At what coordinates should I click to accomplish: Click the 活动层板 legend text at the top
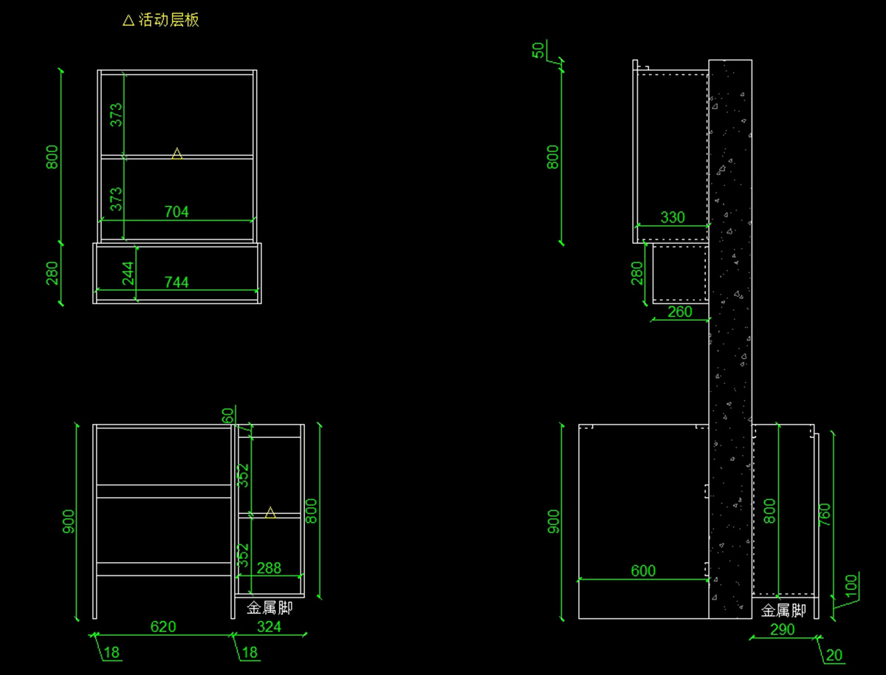point(169,20)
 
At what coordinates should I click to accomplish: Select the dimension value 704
point(176,212)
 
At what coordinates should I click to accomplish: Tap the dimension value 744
point(176,281)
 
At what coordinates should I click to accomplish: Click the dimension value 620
point(163,627)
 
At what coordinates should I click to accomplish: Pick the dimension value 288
point(269,568)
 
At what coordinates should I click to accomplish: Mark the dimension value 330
point(673,218)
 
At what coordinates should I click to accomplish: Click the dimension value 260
point(679,312)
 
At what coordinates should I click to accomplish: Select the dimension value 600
point(643,571)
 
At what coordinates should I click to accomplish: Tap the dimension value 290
point(783,629)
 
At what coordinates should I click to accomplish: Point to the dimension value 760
point(825,515)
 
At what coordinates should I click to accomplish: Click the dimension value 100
point(852,586)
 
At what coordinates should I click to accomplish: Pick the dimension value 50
point(539,50)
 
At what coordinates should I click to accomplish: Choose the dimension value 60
point(227,416)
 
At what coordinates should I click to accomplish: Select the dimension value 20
point(834,655)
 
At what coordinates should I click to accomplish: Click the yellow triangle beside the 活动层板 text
point(128,21)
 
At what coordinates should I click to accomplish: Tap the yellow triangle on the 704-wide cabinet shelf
point(177,154)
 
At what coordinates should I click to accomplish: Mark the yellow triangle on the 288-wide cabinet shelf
point(270,512)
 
